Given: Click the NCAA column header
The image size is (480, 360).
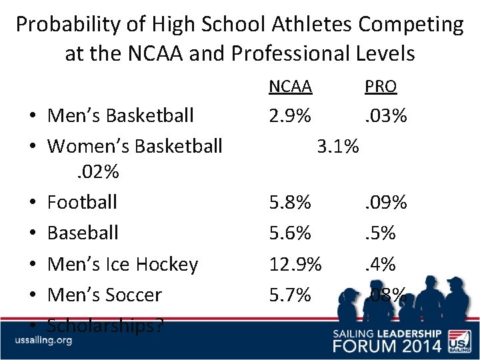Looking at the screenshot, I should pos(290,87).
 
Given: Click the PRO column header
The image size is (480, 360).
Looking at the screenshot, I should pos(381,87).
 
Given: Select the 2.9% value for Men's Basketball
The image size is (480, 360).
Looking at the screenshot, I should pos(290,115).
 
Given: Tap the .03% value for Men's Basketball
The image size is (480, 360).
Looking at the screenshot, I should pos(385,115).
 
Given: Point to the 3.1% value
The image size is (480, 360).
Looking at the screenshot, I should pos(338,145).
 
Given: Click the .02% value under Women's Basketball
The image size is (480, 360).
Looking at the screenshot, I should pos(95,172).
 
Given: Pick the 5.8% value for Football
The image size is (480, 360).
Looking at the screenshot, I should pos(290,202).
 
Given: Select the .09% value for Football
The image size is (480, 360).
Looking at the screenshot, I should pos(385,202).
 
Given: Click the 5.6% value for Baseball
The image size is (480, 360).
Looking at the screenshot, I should pos(290,233).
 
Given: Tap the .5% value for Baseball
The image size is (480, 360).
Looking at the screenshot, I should pos(380,233).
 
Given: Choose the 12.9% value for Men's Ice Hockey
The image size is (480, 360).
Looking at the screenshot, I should pos(295,264).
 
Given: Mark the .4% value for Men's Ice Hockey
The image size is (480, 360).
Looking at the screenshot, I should pos(380,264).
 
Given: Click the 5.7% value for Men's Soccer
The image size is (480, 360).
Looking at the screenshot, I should pos(290,295).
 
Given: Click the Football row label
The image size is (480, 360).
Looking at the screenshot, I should pos(82,202).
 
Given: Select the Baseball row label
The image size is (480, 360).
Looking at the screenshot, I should pos(83,233).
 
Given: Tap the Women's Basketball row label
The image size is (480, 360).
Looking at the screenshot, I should pos(135,145).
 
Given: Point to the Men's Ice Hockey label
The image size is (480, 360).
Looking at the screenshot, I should pos(123,264).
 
